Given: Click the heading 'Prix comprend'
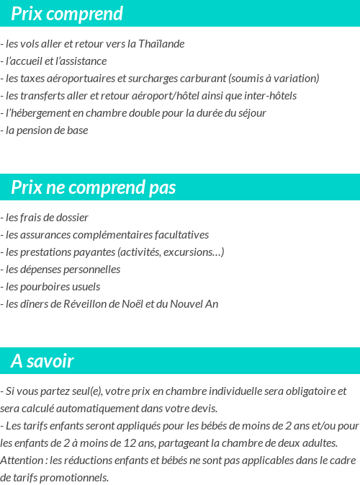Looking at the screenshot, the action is tap(67, 14).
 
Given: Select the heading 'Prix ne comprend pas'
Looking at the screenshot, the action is tap(94, 187).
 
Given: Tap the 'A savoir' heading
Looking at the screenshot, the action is tap(42, 360).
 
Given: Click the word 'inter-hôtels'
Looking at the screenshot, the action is tap(269, 95).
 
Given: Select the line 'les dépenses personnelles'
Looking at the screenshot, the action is tap(62, 269).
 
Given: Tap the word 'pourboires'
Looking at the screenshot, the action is tap(47, 286).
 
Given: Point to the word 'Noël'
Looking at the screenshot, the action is tap(132, 303).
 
